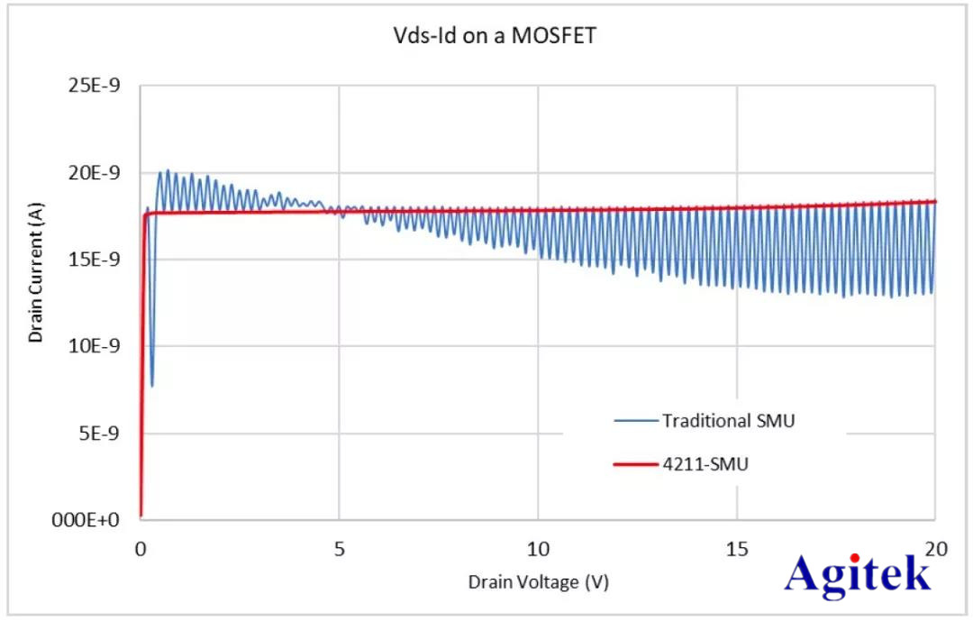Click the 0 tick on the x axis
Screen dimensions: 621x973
tap(141, 549)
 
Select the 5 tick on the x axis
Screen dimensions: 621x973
tap(339, 549)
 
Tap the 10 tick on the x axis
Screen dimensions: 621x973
tap(538, 549)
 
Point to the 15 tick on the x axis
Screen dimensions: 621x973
tap(737, 549)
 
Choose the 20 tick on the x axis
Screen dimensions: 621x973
tap(935, 549)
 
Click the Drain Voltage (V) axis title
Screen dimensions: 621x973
tap(538, 582)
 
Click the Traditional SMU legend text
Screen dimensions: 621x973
tap(728, 421)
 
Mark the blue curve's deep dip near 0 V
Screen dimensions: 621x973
tap(151, 385)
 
